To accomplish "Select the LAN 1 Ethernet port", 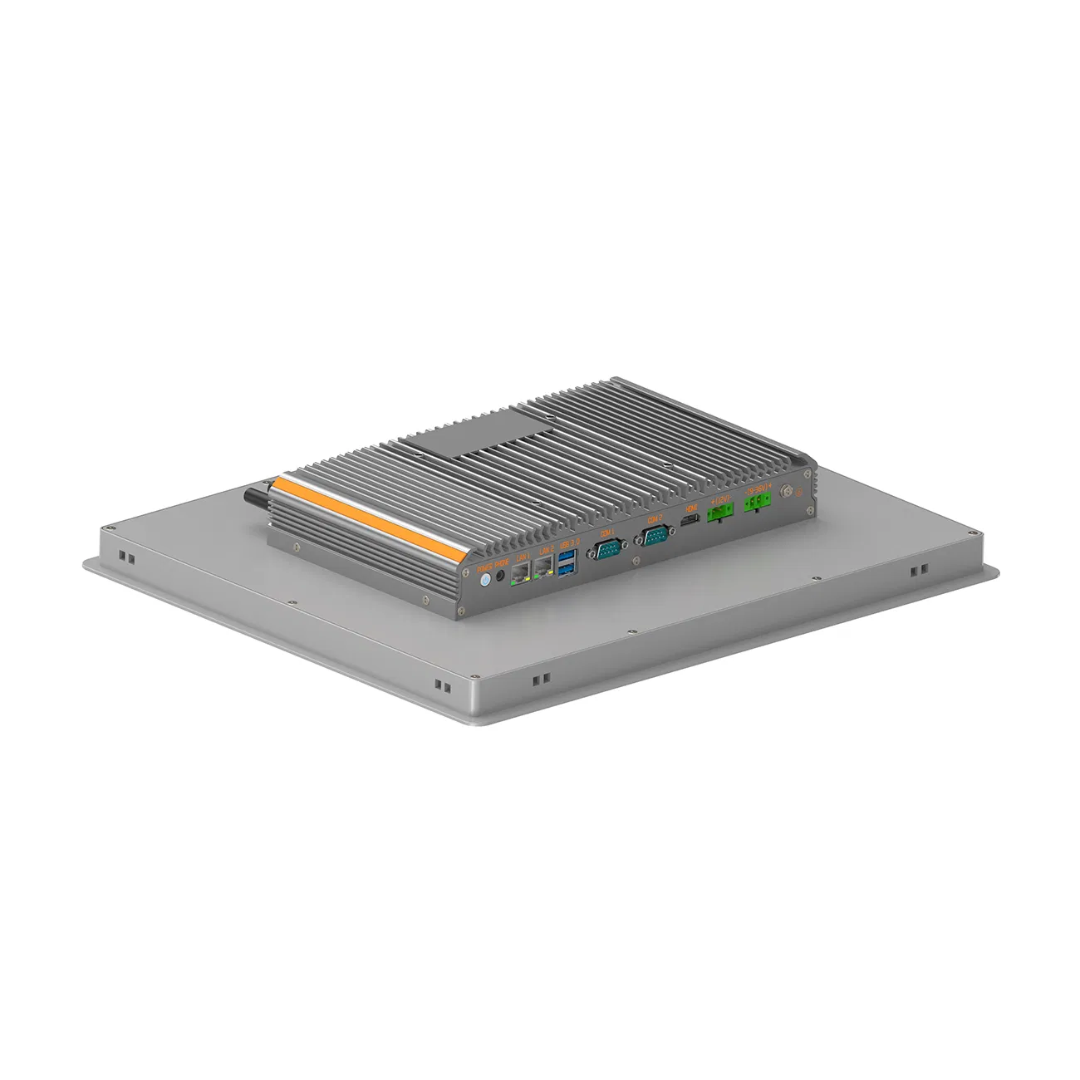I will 522,570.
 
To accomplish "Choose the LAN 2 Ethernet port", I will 545,567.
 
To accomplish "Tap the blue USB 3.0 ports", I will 567,561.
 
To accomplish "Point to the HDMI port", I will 689,521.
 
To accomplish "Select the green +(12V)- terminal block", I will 719,513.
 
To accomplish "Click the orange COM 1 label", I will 606,532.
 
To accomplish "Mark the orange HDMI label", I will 689,508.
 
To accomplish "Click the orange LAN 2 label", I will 545,552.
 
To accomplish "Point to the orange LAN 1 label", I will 522,557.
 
